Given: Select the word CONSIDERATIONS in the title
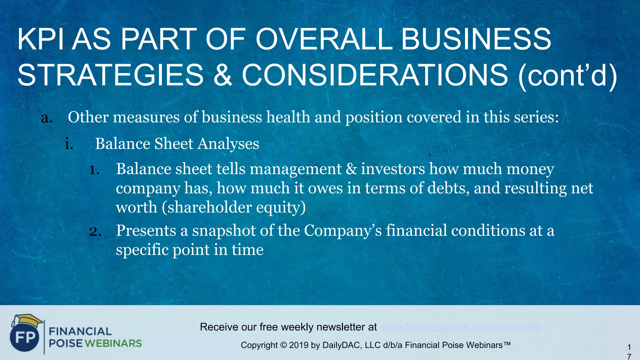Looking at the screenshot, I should pos(375,75).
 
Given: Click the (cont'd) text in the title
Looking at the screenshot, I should pos(567,75).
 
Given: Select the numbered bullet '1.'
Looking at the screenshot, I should pos(94,170).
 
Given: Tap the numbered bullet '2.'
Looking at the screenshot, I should pos(95,232).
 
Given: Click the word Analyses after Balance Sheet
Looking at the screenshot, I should pos(228,144).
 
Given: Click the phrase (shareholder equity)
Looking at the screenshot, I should pos(234,207).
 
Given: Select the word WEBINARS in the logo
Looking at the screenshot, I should pos(113,343).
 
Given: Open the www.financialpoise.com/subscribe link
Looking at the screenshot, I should pos(461,327).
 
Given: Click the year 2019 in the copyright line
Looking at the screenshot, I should pos(299,345).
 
